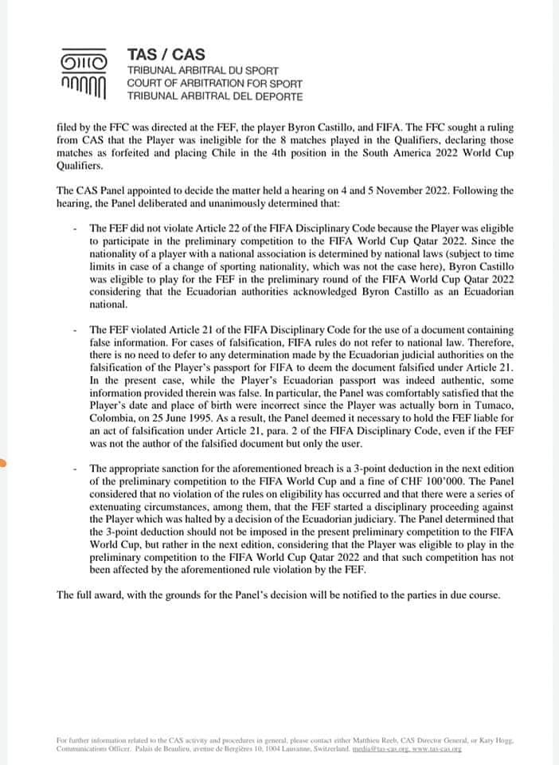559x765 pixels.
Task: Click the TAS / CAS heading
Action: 166,55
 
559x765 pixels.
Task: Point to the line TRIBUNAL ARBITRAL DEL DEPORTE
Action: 215,96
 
